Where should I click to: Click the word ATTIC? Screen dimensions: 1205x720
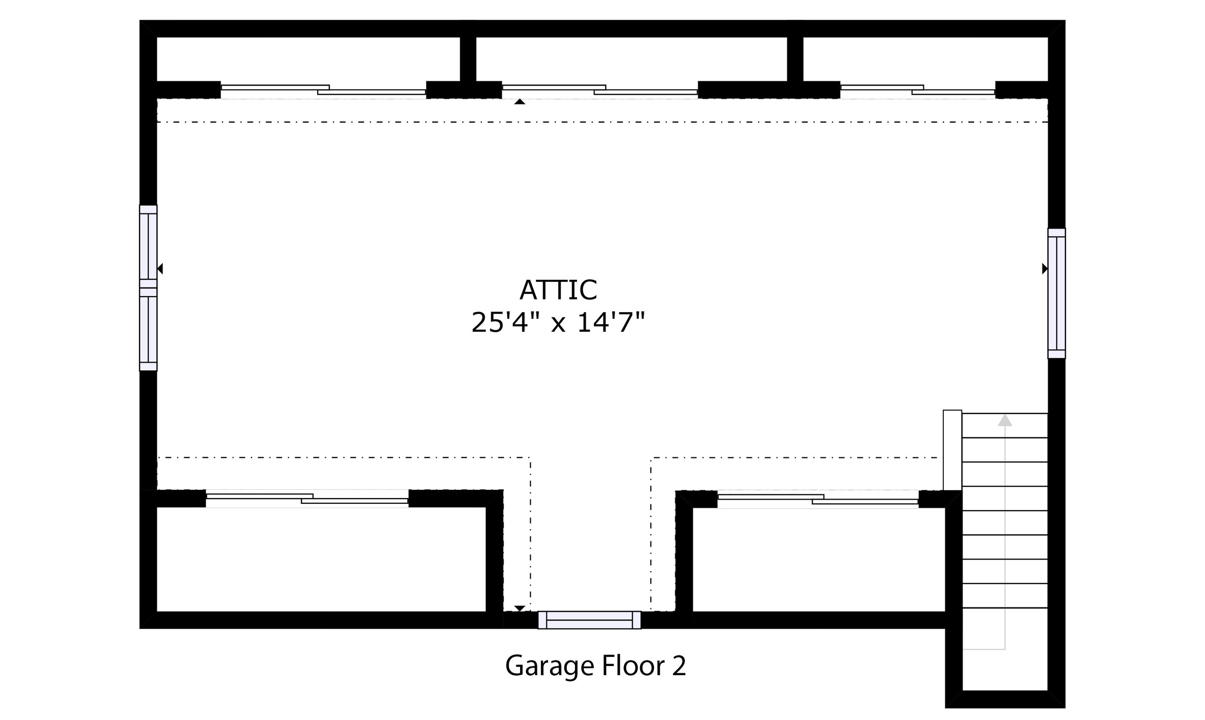(x=558, y=290)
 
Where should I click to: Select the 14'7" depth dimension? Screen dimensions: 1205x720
(x=611, y=322)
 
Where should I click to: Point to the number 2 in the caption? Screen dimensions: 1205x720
(x=679, y=666)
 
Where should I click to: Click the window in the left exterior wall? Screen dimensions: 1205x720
(x=148, y=288)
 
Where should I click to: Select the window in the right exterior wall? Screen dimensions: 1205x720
(x=1057, y=293)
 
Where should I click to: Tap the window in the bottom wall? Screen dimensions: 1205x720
(x=589, y=620)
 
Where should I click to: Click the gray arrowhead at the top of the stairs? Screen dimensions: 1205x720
(x=1005, y=420)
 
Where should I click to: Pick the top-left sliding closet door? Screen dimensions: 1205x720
(x=323, y=90)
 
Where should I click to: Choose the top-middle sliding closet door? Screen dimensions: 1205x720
(x=600, y=90)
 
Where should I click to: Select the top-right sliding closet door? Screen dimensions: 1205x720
(x=918, y=90)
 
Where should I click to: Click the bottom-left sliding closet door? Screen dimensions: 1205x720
(x=308, y=499)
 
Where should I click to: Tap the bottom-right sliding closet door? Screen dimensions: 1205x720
(x=818, y=499)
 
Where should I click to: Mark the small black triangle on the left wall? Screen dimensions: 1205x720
(x=160, y=269)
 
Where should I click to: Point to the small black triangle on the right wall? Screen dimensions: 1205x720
(x=1045, y=269)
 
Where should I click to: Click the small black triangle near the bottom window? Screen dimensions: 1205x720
(x=520, y=608)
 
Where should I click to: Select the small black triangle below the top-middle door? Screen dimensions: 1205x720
(x=520, y=102)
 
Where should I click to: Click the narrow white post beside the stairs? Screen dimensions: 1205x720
(x=952, y=450)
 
